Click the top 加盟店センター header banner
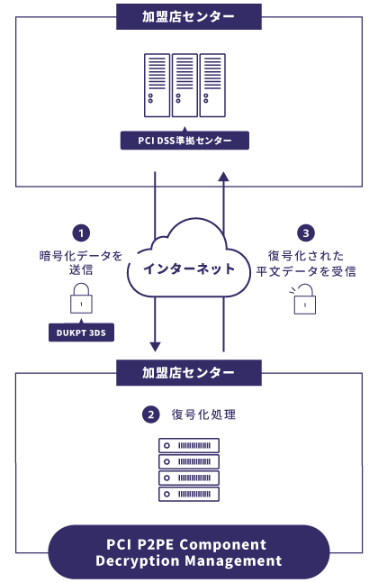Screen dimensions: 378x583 pyautogui.click(x=189, y=17)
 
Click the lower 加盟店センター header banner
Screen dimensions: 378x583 pyautogui.click(x=189, y=372)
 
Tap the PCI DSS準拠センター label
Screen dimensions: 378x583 pyautogui.click(x=184, y=141)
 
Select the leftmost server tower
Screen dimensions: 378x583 pyautogui.click(x=157, y=85)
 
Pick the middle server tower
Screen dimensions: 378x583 pyautogui.click(x=184, y=85)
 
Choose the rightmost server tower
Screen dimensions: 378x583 pyautogui.click(x=212, y=85)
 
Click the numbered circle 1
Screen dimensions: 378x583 pyautogui.click(x=81, y=233)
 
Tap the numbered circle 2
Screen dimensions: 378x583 pyautogui.click(x=151, y=414)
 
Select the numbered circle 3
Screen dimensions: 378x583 pyautogui.click(x=306, y=233)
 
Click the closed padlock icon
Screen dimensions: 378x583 pyautogui.click(x=81, y=298)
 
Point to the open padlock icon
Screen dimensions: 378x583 pyautogui.click(x=303, y=299)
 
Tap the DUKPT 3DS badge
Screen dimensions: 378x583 pyautogui.click(x=81, y=332)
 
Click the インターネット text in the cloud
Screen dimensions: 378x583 pyautogui.click(x=189, y=269)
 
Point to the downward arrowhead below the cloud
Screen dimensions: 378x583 pyautogui.click(x=155, y=347)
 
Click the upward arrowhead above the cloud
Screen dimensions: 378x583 pyautogui.click(x=223, y=177)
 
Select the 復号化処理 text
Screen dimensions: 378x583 pyautogui.click(x=203, y=414)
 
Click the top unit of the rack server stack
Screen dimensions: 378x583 pyautogui.click(x=189, y=445)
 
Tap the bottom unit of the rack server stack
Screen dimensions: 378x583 pyautogui.click(x=189, y=494)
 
